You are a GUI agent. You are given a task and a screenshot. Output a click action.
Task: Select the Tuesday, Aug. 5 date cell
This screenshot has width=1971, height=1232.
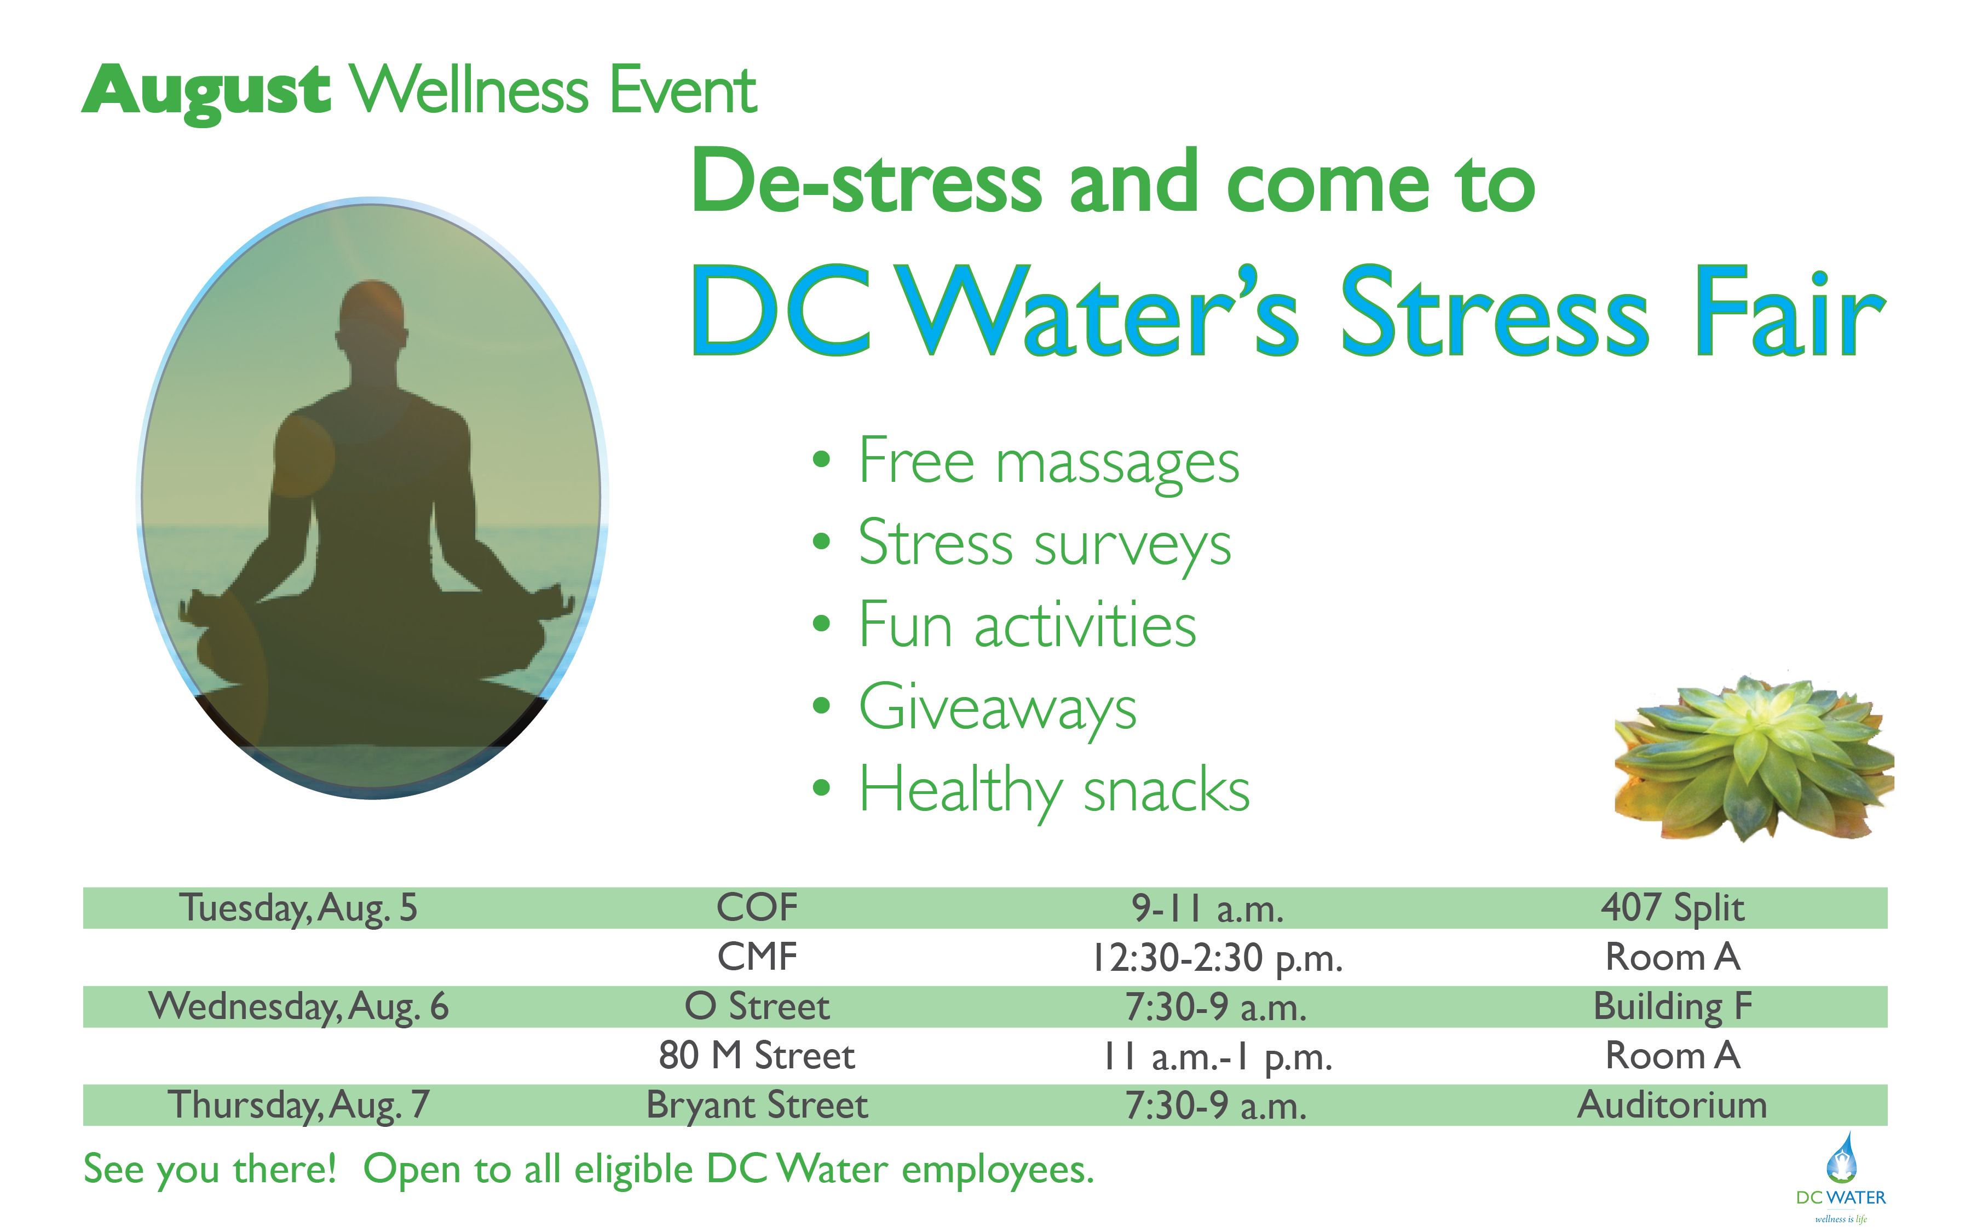[x=298, y=908]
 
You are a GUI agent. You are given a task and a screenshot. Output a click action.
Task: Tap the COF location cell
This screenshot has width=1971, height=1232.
[x=757, y=908]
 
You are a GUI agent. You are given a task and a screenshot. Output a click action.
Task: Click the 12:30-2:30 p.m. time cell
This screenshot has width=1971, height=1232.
[x=1217, y=958]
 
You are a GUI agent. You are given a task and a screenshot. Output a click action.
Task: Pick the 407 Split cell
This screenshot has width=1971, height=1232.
[x=1673, y=908]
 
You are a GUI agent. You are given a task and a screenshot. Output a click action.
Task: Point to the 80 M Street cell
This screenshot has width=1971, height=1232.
[x=757, y=1056]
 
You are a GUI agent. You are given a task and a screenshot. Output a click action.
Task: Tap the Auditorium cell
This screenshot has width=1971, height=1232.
[x=1673, y=1106]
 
